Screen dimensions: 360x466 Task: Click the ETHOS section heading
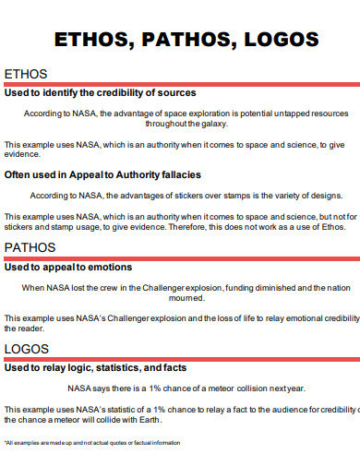(x=26, y=74)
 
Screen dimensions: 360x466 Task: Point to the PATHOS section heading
(x=30, y=247)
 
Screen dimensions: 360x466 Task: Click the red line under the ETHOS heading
(x=180, y=83)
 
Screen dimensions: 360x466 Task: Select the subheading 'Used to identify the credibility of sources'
(x=100, y=92)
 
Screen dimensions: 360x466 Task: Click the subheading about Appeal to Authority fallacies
(x=102, y=173)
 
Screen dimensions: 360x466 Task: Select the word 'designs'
(x=324, y=196)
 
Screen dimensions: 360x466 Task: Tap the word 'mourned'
(x=186, y=298)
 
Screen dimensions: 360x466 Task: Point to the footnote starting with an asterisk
(x=92, y=443)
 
